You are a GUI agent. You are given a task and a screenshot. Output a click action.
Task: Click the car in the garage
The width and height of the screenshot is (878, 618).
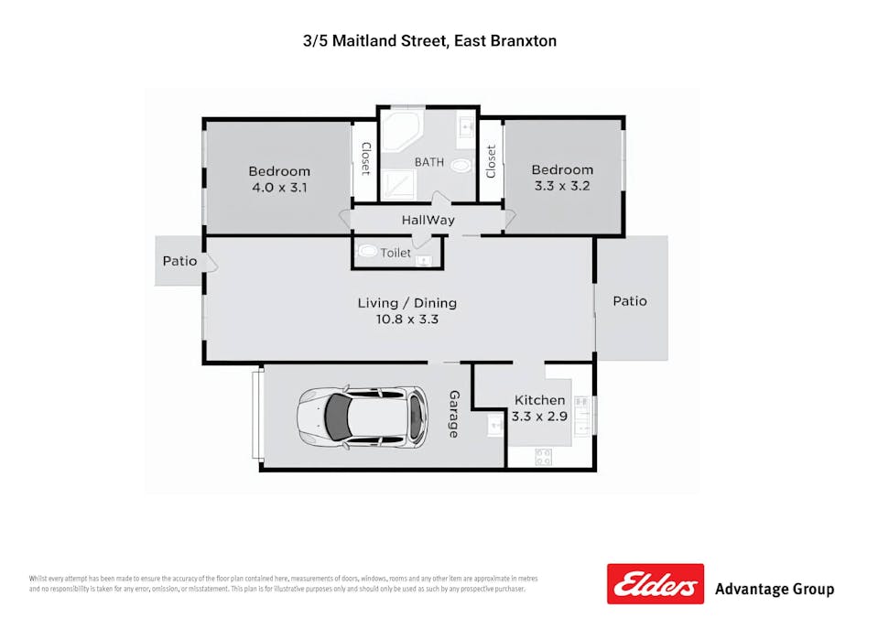tap(363, 417)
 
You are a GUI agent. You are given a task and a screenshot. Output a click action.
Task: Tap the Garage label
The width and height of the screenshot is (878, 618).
tap(454, 414)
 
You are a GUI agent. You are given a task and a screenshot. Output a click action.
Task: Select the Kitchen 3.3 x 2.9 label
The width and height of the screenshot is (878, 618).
tap(539, 408)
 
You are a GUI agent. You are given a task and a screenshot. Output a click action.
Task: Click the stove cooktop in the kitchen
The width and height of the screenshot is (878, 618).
tap(543, 457)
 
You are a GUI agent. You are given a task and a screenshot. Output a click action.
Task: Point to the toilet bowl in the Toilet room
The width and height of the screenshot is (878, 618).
tap(367, 252)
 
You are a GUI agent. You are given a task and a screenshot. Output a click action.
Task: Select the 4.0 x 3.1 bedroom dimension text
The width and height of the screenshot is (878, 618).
tap(279, 188)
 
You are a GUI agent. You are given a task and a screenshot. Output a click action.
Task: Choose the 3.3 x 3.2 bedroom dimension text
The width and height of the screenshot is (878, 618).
tap(562, 186)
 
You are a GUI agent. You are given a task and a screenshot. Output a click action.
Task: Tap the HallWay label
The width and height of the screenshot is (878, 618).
tap(428, 220)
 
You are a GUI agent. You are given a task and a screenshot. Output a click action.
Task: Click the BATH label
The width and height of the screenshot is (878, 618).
tap(428, 162)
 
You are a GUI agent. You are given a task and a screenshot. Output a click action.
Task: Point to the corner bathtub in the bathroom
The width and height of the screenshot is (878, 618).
tap(402, 132)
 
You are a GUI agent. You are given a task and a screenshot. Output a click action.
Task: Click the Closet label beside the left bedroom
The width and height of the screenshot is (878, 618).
tap(365, 158)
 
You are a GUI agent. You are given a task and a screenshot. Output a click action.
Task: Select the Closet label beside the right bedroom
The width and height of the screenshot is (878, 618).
tap(491, 161)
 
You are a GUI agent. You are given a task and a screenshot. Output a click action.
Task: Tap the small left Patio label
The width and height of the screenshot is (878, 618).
tap(179, 261)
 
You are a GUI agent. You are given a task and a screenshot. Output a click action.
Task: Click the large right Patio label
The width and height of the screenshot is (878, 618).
tap(630, 301)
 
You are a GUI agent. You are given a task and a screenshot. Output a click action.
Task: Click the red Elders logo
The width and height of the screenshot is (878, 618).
tap(656, 584)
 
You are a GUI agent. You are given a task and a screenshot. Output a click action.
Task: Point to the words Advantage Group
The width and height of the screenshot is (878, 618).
tap(775, 590)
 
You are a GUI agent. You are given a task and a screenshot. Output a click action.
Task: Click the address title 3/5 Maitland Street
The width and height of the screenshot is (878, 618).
tap(374, 41)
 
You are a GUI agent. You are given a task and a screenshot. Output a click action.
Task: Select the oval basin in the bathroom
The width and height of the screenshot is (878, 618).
tap(461, 166)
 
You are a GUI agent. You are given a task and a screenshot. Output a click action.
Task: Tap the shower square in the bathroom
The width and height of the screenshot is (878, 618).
tap(398, 184)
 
